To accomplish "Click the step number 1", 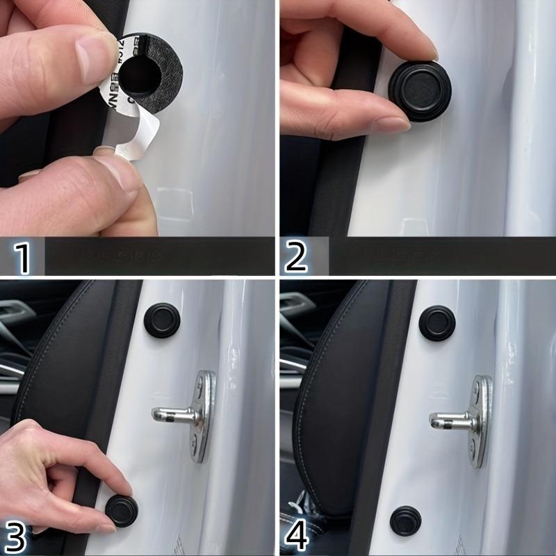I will pyautogui.click(x=23, y=257).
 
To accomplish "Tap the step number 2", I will pyautogui.click(x=297, y=257).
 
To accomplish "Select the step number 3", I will pyautogui.click(x=17, y=537).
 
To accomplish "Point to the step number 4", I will pyautogui.click(x=297, y=537).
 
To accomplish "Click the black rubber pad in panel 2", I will pyautogui.click(x=419, y=91).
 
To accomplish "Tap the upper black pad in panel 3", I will pyautogui.click(x=162, y=320).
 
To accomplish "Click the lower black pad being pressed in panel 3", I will pyautogui.click(x=122, y=511).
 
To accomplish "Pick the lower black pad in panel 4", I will pyautogui.click(x=404, y=521).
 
